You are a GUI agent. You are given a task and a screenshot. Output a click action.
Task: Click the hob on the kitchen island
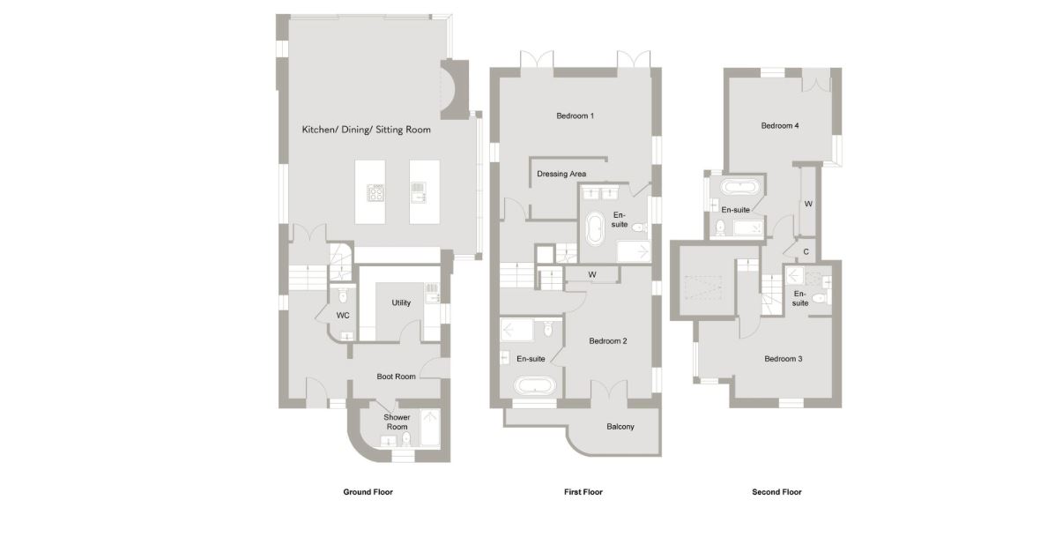tap(375, 193)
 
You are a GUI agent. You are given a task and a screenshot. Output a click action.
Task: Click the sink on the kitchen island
tap(418, 192)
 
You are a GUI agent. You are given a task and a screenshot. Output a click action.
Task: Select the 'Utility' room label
tap(401, 303)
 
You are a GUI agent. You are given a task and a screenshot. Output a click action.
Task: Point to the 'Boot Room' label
tap(397, 377)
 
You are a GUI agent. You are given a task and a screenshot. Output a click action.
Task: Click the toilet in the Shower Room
tap(405, 439)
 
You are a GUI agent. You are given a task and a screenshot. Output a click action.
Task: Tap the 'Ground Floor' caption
tap(368, 492)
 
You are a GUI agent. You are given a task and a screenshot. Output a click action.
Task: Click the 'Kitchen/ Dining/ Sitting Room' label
tap(366, 130)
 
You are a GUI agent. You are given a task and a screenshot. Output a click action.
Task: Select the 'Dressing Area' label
tap(561, 174)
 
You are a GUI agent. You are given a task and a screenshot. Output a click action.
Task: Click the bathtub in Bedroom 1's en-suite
tap(595, 229)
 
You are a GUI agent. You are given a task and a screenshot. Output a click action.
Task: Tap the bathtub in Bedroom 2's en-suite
tap(536, 386)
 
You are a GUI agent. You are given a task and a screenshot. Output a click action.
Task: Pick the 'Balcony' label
tap(620, 427)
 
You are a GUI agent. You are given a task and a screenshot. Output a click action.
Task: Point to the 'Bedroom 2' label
tap(607, 341)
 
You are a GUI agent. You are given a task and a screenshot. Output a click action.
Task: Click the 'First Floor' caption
tap(583, 492)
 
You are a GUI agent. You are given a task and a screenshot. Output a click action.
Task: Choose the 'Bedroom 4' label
tap(780, 126)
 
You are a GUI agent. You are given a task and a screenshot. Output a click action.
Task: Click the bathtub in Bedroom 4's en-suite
tap(740, 186)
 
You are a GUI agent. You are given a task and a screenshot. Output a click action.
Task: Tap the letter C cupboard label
tap(806, 252)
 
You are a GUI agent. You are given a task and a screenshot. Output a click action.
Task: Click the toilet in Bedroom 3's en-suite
tap(819, 297)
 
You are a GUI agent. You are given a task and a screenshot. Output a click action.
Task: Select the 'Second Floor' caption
tap(776, 492)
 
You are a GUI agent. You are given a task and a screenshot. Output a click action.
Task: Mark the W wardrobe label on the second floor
tap(808, 204)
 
